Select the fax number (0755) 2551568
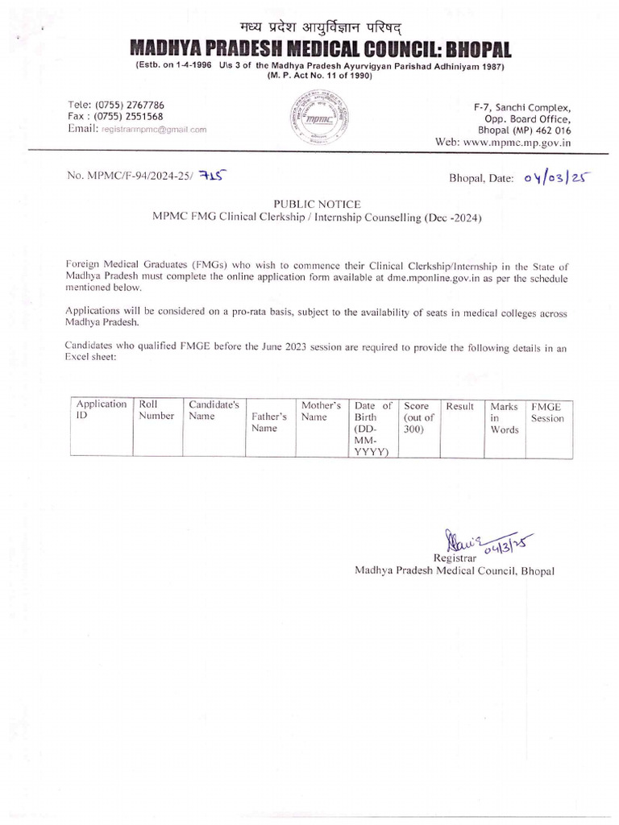(129, 116)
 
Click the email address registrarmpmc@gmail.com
(153, 129)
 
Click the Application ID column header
(101, 410)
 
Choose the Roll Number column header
(156, 410)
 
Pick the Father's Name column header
(269, 423)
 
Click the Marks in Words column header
(504, 418)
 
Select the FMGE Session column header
(547, 412)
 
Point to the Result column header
(459, 406)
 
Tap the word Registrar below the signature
(455, 558)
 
